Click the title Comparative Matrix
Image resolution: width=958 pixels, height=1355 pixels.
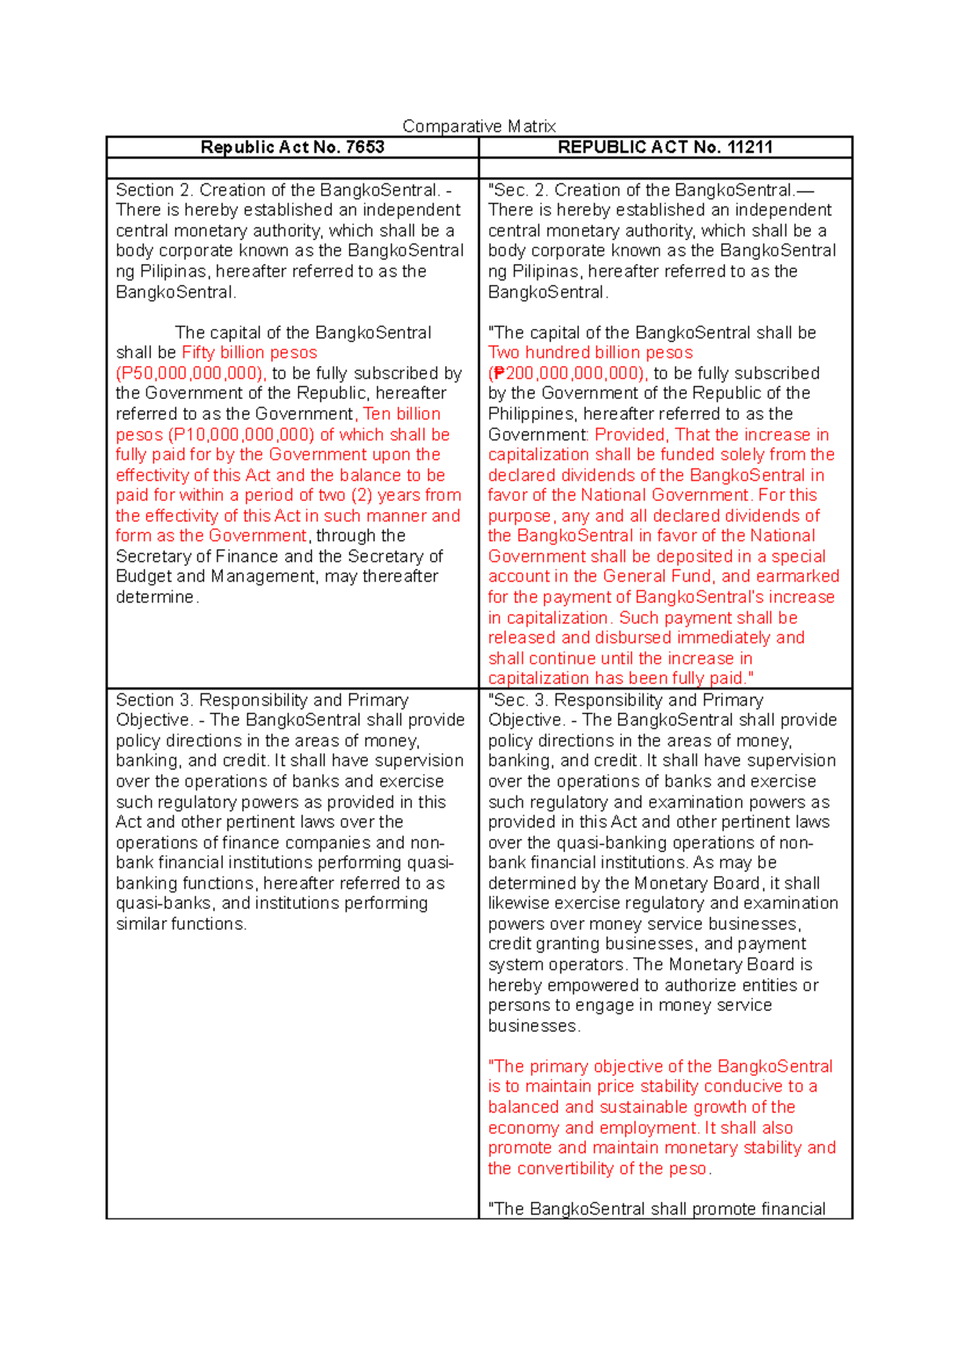point(479,126)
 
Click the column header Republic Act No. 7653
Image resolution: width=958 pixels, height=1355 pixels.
point(292,147)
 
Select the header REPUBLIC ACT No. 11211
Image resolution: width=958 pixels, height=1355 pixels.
point(665,147)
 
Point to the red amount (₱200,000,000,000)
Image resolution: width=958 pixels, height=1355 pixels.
point(568,373)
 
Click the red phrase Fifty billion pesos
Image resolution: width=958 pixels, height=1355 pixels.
point(249,353)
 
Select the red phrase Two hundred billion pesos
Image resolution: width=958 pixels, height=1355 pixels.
point(590,353)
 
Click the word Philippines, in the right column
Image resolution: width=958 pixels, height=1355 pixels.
point(528,414)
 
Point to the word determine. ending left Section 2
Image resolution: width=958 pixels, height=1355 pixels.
point(157,598)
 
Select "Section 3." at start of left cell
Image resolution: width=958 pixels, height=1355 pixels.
point(154,701)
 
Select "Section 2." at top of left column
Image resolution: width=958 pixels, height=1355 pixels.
point(154,191)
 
